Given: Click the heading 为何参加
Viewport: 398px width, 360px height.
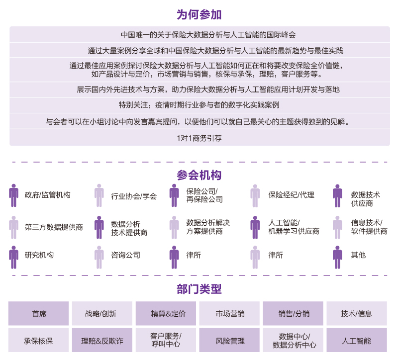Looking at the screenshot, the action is [199, 14].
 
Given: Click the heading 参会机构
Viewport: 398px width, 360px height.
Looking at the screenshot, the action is [199, 175].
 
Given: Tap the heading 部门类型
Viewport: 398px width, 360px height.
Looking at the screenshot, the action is [199, 289].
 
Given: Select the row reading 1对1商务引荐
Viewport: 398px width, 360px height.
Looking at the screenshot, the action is [199, 138].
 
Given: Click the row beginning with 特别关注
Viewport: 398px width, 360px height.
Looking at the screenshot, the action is [199, 105].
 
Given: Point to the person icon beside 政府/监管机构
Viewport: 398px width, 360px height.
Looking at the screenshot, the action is [14, 195].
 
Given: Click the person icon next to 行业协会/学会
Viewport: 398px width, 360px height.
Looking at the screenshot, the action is [99, 195].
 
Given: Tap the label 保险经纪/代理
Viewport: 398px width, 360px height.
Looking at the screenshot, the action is [291, 195].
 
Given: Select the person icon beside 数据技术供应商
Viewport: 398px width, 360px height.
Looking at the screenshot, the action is [337, 195].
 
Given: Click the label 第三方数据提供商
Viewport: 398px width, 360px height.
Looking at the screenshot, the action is [54, 227].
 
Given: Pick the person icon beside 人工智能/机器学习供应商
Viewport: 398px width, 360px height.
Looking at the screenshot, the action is [255, 227].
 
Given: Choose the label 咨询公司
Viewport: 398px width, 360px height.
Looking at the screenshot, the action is [125, 255].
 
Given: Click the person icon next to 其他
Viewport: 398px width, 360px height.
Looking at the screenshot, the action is [337, 257].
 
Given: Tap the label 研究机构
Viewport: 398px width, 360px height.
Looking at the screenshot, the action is [39, 255].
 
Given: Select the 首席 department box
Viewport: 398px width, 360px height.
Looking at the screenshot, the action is [39, 313].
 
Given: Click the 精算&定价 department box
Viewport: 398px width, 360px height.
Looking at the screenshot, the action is [166, 313].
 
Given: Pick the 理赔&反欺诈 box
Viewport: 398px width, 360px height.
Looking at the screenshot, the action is [102, 340].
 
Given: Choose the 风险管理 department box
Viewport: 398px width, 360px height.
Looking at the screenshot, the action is [229, 340].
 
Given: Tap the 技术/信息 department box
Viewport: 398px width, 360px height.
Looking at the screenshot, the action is [357, 313].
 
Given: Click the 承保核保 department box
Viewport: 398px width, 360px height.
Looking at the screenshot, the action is [39, 340].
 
